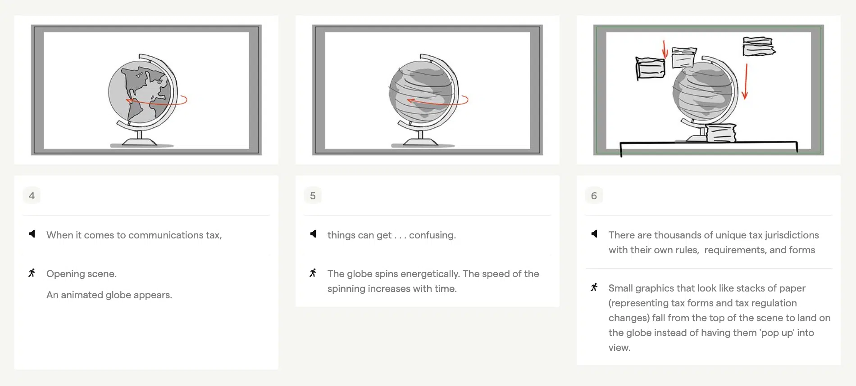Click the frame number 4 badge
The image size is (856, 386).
[x=32, y=196]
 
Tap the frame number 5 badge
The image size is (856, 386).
[x=313, y=196]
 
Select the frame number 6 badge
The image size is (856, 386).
[x=594, y=196]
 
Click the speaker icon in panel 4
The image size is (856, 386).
[x=32, y=234]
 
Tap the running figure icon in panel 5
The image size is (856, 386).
[x=313, y=273]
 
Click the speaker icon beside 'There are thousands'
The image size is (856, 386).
[x=594, y=234]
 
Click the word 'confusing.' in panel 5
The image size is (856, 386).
[x=432, y=235]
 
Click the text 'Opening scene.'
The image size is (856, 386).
[x=81, y=274]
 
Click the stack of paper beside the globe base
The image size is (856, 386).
[x=721, y=134]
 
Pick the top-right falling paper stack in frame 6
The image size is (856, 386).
[x=758, y=46]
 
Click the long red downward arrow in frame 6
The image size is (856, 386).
[x=746, y=81]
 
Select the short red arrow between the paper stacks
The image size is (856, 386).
[x=665, y=49]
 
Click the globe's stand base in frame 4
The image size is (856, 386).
[x=139, y=142]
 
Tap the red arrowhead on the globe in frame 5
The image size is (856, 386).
[x=410, y=101]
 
